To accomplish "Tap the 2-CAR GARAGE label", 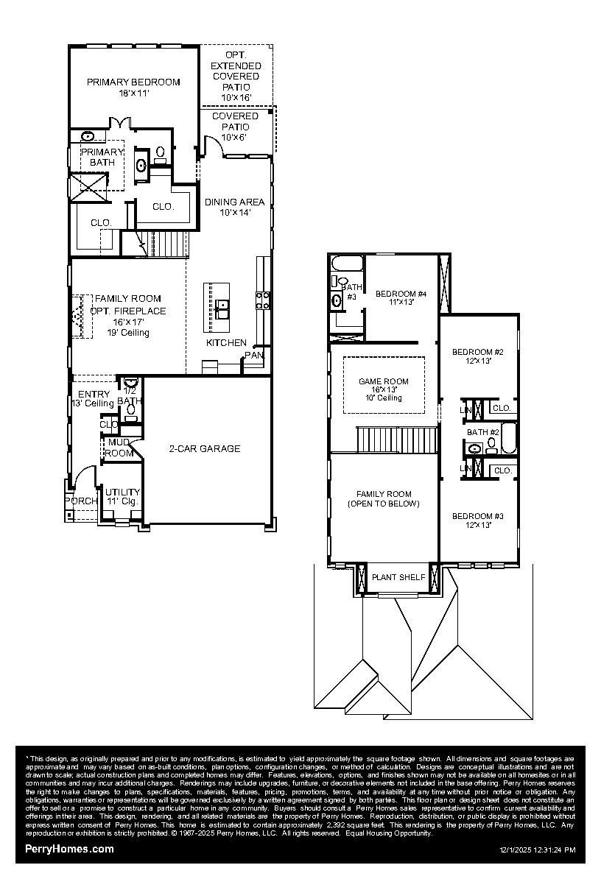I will click(204, 448).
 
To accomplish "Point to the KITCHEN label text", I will click(226, 343).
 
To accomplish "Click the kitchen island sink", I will click(222, 305).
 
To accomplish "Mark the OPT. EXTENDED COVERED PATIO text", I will click(236, 77).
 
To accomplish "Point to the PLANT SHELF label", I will click(398, 577).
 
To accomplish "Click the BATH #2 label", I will click(483, 432).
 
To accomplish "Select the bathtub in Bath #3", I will click(345, 264).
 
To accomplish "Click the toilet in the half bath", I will click(130, 383).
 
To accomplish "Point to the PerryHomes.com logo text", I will click(69, 849).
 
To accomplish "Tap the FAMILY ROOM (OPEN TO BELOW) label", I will click(384, 499).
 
